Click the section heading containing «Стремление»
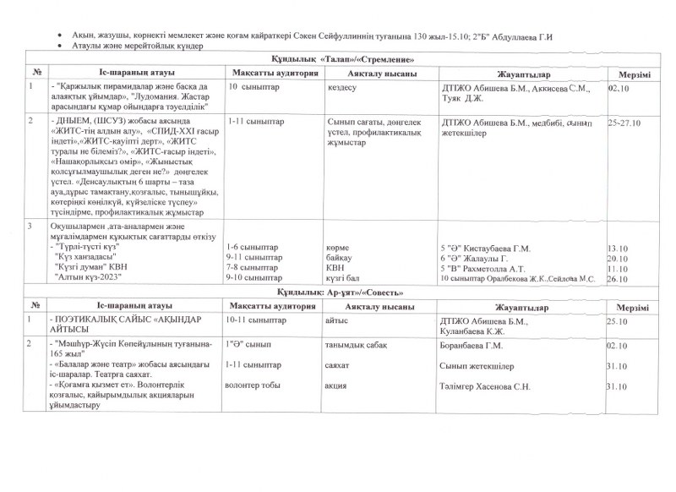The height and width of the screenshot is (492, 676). point(341,62)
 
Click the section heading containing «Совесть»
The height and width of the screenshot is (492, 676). point(341,292)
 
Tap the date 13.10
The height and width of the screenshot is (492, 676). point(619,249)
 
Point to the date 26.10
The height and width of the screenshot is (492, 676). point(619,278)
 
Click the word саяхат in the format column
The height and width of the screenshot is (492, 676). point(340,366)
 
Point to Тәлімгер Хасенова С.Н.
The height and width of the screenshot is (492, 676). point(488,386)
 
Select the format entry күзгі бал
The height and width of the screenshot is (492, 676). point(345,278)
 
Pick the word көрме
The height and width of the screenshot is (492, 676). point(338,249)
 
